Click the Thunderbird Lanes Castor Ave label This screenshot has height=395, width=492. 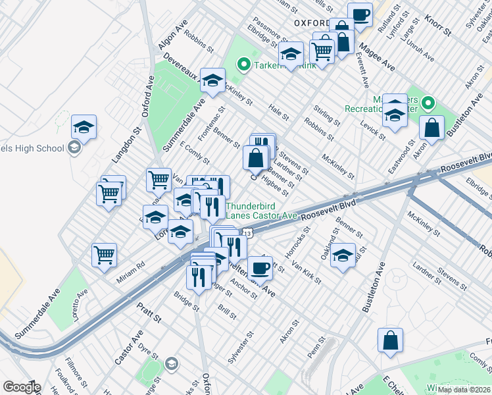[x=262, y=210]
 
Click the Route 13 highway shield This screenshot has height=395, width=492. [x=247, y=233]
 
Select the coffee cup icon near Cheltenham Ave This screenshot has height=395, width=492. [x=261, y=267]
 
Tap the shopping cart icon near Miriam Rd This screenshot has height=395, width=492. [x=105, y=255]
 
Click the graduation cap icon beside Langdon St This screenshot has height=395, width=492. [x=84, y=127]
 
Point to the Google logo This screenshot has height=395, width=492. [x=22, y=387]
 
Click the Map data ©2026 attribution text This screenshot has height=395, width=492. [x=464, y=389]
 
